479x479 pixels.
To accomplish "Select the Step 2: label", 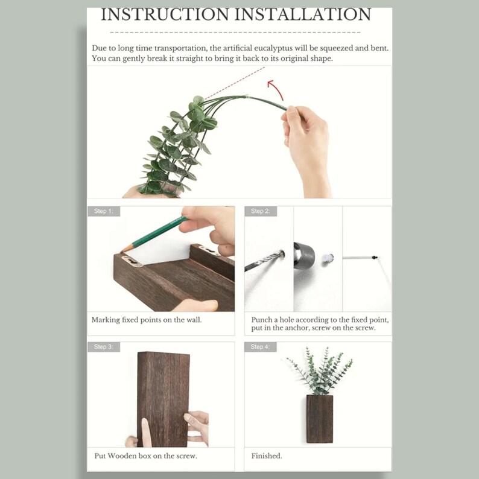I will click(261, 211).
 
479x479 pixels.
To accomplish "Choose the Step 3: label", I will click(104, 347).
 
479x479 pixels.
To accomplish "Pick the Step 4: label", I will click(261, 347).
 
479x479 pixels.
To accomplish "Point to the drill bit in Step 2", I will click(263, 262).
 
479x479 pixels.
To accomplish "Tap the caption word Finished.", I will click(267, 456).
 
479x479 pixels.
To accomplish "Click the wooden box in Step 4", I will click(319, 418).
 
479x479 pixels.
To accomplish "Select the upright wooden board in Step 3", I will click(163, 398).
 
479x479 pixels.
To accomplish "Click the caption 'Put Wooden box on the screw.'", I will click(145, 456).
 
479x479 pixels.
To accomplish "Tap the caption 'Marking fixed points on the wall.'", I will click(147, 320).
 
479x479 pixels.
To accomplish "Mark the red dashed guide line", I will click(235, 83).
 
